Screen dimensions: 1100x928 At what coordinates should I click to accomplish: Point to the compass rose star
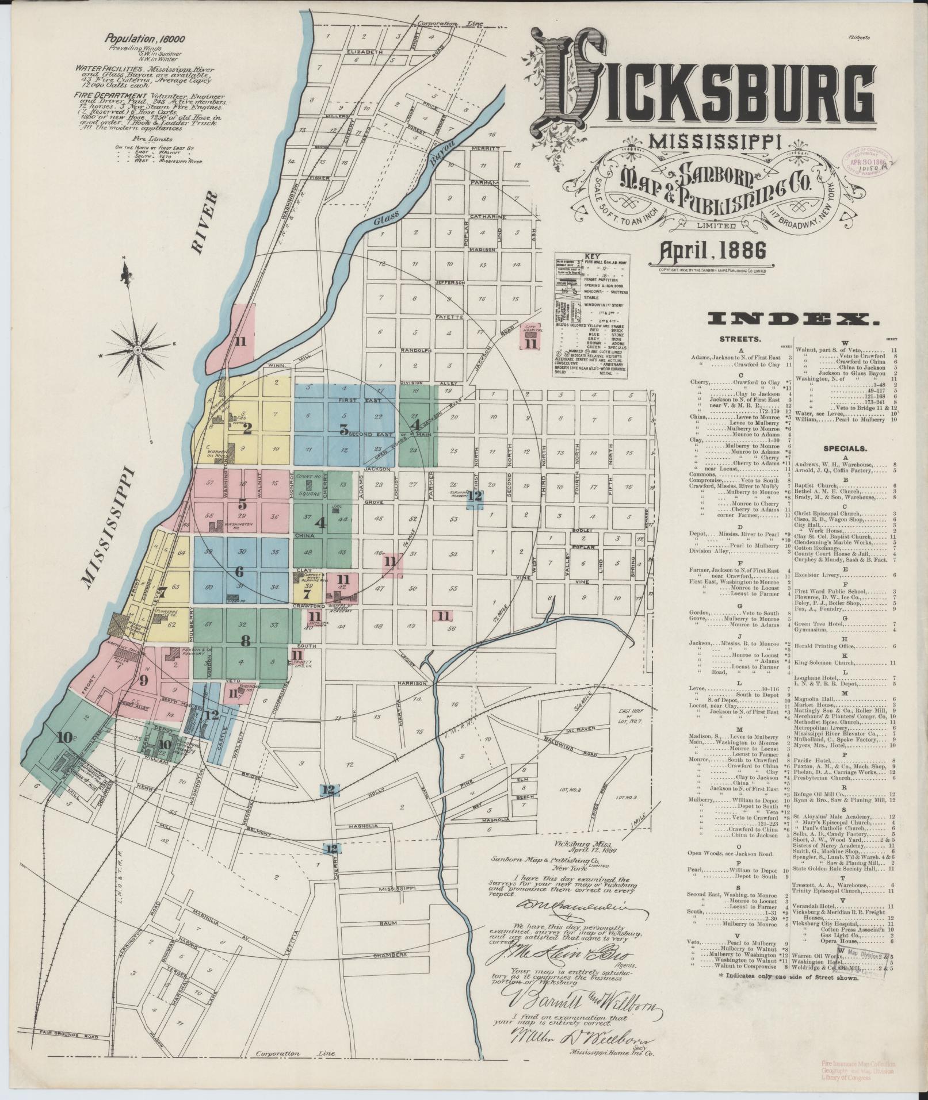(138, 349)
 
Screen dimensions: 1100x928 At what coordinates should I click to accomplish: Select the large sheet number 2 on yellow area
(247, 428)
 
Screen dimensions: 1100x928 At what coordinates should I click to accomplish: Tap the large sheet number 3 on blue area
(343, 429)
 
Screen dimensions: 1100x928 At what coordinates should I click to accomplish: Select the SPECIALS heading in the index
(845, 448)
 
